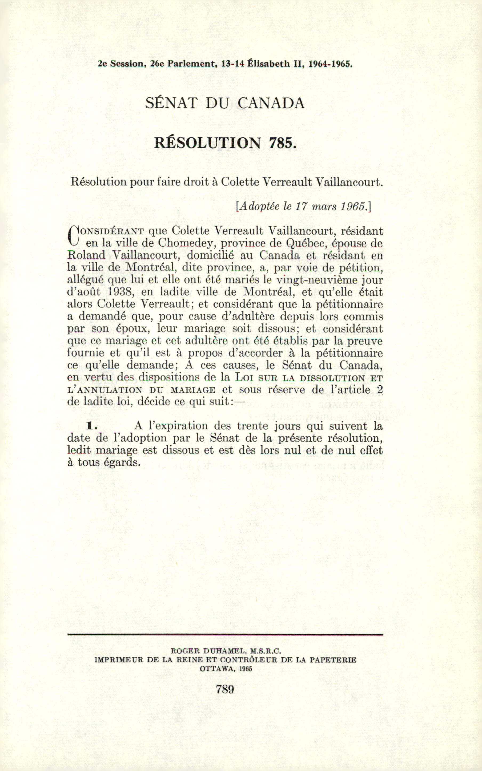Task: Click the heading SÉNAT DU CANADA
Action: click(225, 103)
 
